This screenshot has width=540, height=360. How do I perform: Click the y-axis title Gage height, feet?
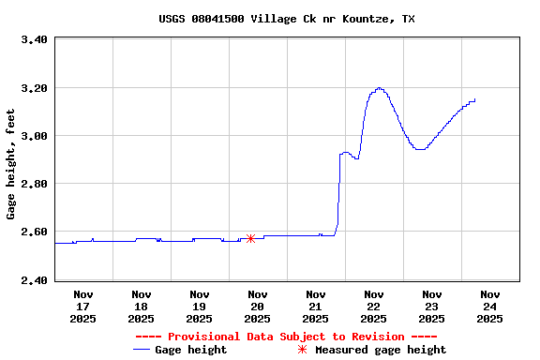click(11, 164)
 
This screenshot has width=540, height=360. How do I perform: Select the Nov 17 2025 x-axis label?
click(82, 306)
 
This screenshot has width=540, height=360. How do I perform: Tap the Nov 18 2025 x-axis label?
click(141, 306)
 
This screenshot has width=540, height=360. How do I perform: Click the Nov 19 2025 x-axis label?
click(199, 306)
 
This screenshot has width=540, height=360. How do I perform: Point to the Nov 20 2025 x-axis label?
click(257, 306)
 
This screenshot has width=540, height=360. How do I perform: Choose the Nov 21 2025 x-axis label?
click(315, 306)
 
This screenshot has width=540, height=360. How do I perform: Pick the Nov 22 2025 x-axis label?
click(373, 306)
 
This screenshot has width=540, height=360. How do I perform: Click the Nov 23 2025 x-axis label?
click(431, 306)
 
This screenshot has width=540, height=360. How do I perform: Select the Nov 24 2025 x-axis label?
click(489, 306)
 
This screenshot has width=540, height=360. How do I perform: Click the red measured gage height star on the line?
click(250, 239)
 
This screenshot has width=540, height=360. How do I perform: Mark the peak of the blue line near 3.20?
click(379, 88)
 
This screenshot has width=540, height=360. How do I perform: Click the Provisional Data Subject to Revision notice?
click(286, 337)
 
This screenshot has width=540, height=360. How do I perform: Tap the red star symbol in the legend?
click(302, 350)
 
